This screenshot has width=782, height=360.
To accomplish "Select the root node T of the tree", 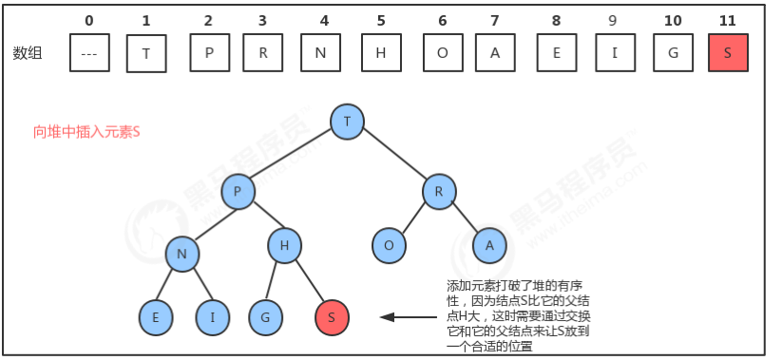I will pos(347,120).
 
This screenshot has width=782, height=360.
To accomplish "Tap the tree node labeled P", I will pos(238,192).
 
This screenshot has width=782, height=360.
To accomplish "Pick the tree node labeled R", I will pos(439,192).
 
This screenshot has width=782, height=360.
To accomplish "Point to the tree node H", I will pos(283,246).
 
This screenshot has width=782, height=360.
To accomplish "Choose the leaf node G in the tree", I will pos(265,315).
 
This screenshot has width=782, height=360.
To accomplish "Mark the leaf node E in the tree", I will pos(154,315).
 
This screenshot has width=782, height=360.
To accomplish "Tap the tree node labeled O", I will pos(388,245).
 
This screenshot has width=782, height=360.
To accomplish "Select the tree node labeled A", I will pos(489,245).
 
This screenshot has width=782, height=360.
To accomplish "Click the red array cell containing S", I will pos(727,53).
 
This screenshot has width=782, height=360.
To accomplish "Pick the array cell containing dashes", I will pos(89,53).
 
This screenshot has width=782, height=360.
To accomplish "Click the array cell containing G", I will pos(673,53).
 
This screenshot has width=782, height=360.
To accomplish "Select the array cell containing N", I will pos(321,53).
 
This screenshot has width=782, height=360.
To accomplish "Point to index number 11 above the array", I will pos(727,19).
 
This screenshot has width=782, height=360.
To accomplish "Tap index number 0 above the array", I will pos(89,19).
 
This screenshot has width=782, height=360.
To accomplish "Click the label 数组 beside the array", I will pos(29,53).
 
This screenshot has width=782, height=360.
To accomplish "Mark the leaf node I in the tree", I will pos(212,315).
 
